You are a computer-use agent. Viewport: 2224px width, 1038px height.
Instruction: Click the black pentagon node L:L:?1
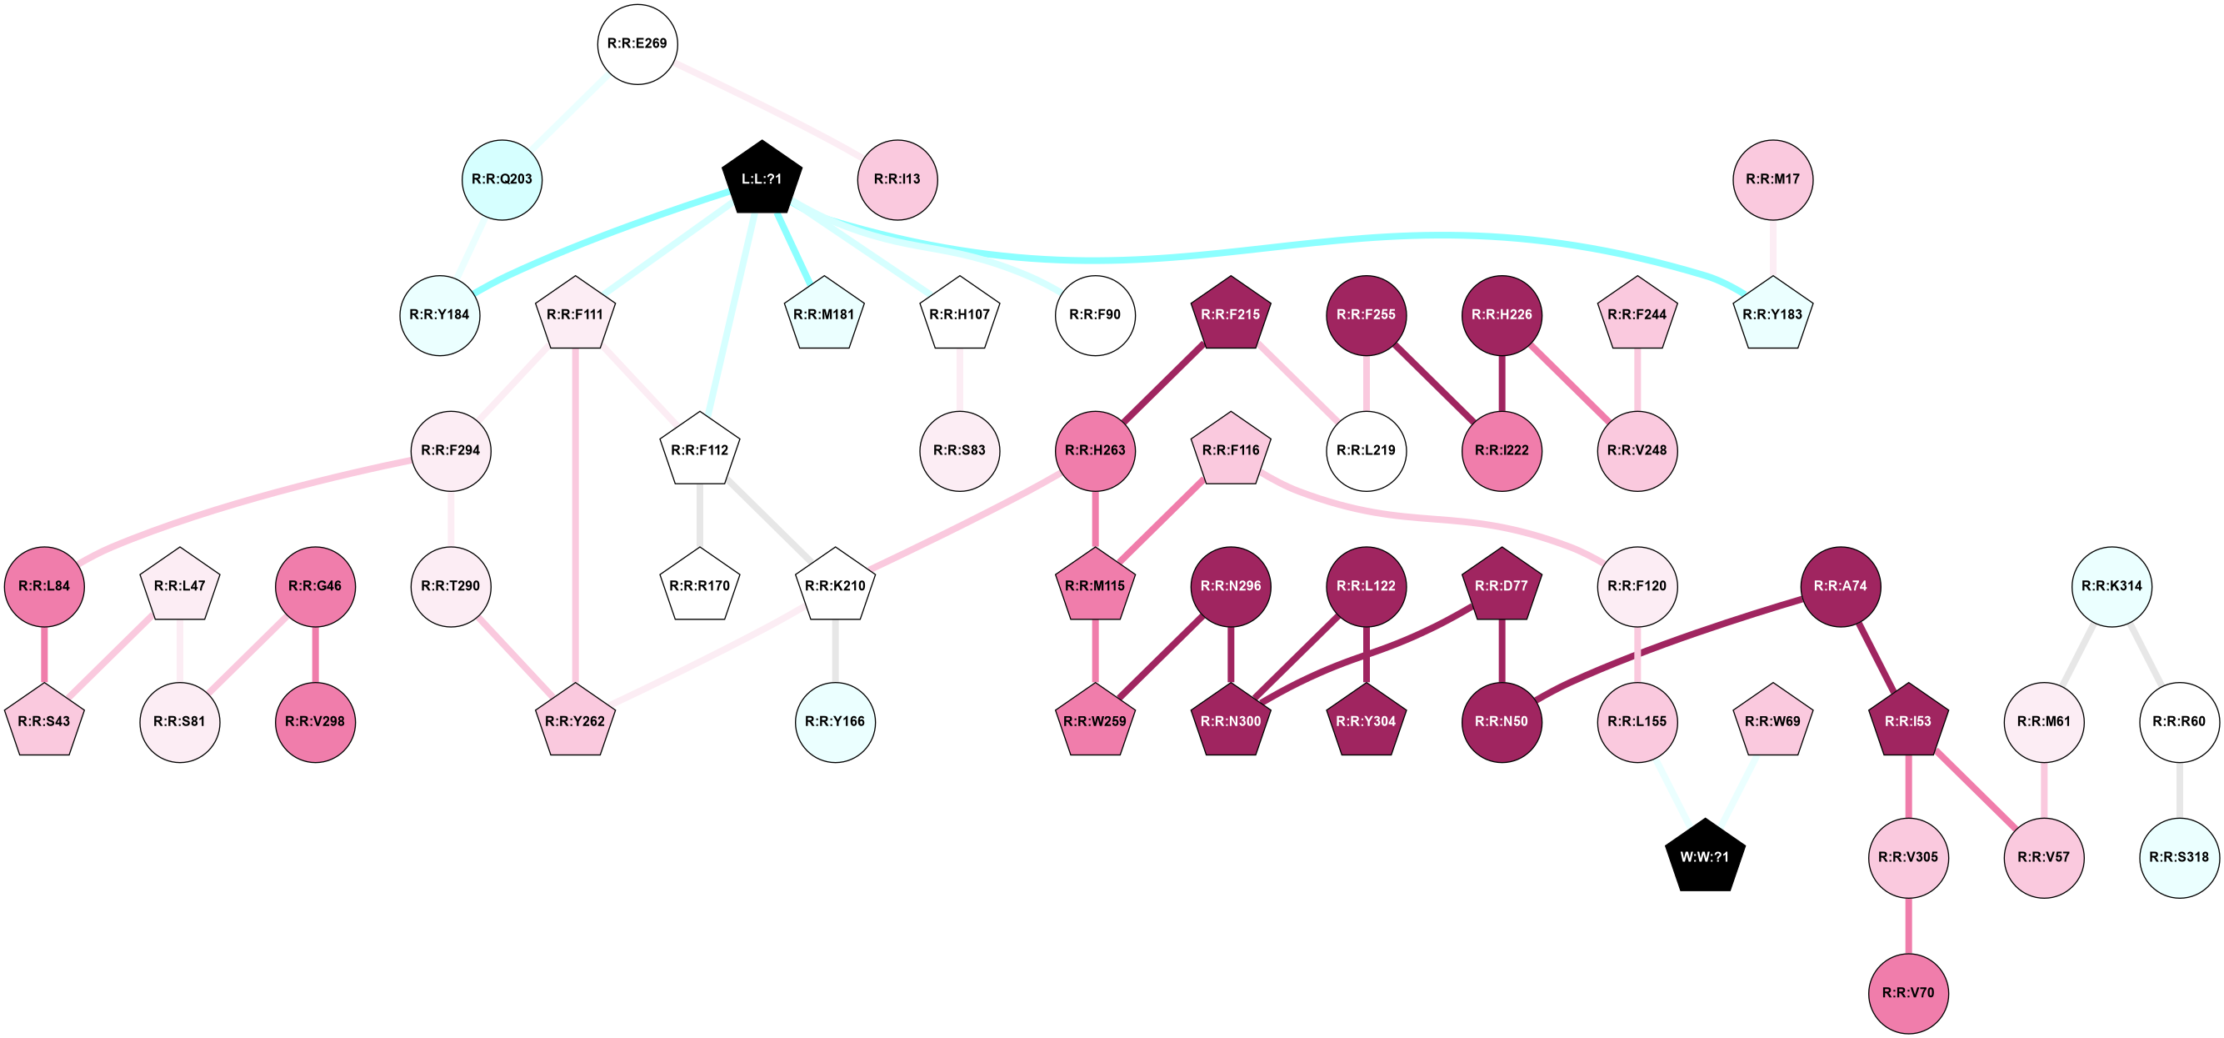[762, 178]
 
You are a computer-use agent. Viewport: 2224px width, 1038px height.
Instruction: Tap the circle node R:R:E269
[637, 44]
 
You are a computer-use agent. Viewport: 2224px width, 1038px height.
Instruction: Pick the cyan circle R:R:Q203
[502, 179]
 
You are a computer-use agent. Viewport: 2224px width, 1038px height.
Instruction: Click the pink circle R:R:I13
[897, 179]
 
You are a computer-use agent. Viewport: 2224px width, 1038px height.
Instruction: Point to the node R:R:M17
[1772, 179]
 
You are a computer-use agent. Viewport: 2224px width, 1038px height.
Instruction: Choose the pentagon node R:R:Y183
[1772, 314]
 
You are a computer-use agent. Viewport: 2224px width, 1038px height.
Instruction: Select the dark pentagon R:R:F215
[1230, 314]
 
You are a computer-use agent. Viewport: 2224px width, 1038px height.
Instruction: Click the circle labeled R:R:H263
[1095, 451]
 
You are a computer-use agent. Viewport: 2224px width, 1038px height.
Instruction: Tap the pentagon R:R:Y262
[575, 721]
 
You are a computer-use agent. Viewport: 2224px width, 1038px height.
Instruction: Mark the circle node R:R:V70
[1908, 993]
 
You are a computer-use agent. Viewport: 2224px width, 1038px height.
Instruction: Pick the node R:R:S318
[2179, 858]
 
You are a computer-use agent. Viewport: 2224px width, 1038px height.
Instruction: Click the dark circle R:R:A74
[1840, 586]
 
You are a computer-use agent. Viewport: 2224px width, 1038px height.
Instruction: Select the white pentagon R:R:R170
[699, 586]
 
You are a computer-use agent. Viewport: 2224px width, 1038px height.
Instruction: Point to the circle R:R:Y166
[835, 722]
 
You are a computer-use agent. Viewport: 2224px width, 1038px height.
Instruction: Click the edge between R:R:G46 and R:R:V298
[315, 654]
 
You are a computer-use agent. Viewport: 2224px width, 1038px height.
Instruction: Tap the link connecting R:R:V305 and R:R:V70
[1908, 925]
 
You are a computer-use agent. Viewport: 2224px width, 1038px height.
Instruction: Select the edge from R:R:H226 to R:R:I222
[1502, 383]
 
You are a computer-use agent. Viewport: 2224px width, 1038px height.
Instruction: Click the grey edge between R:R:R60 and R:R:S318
[2179, 790]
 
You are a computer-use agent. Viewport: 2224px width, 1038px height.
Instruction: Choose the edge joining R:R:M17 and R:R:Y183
[1772, 247]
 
